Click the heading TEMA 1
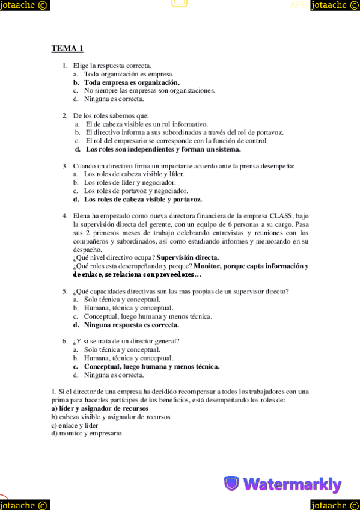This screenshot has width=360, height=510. click(x=67, y=49)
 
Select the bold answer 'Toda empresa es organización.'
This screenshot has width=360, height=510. click(x=132, y=82)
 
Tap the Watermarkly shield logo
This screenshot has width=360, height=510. click(x=231, y=483)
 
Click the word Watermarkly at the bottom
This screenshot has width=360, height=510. click(x=292, y=484)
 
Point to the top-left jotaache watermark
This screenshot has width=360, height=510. click(x=25, y=5)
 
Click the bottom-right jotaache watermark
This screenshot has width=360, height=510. click(x=335, y=504)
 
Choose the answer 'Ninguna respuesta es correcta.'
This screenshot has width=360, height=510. click(x=131, y=325)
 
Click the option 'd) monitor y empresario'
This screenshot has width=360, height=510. click(x=87, y=433)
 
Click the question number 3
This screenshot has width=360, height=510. click(x=64, y=165)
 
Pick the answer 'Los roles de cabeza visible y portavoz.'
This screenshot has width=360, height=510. click(x=142, y=199)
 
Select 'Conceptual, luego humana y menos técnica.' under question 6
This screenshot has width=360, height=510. click(x=151, y=366)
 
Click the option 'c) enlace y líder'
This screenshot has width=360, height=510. click(x=75, y=425)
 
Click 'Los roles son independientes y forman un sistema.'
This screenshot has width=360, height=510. click(x=163, y=149)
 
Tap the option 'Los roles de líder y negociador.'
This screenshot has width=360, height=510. click(x=130, y=182)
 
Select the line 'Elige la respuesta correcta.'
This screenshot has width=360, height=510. click(x=112, y=66)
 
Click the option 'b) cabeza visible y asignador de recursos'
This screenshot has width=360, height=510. click(x=111, y=417)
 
